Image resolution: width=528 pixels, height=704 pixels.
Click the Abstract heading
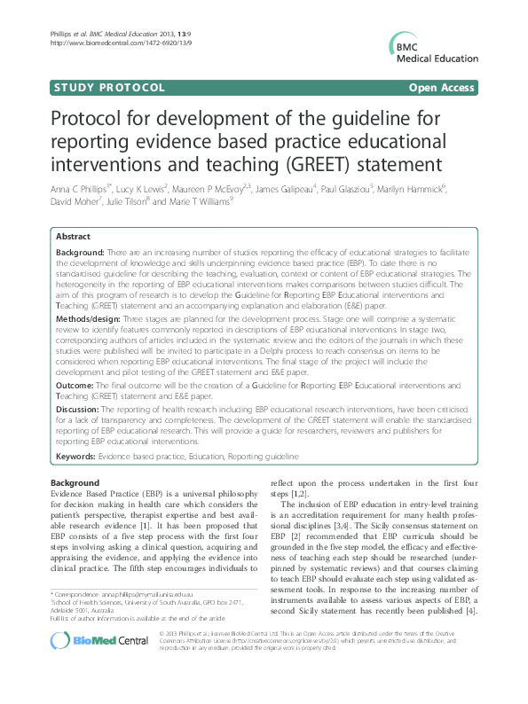(73, 238)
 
